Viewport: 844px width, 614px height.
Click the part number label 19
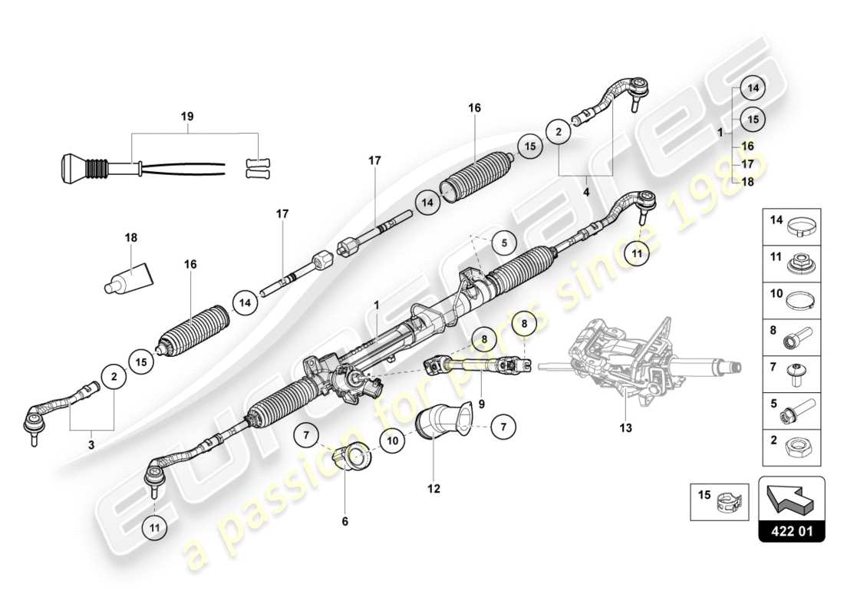coord(187,117)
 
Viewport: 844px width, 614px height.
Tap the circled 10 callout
coord(391,441)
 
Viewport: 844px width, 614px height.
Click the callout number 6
coord(345,521)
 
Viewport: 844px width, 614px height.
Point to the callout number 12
coord(434,487)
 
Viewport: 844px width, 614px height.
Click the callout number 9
coord(481,402)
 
